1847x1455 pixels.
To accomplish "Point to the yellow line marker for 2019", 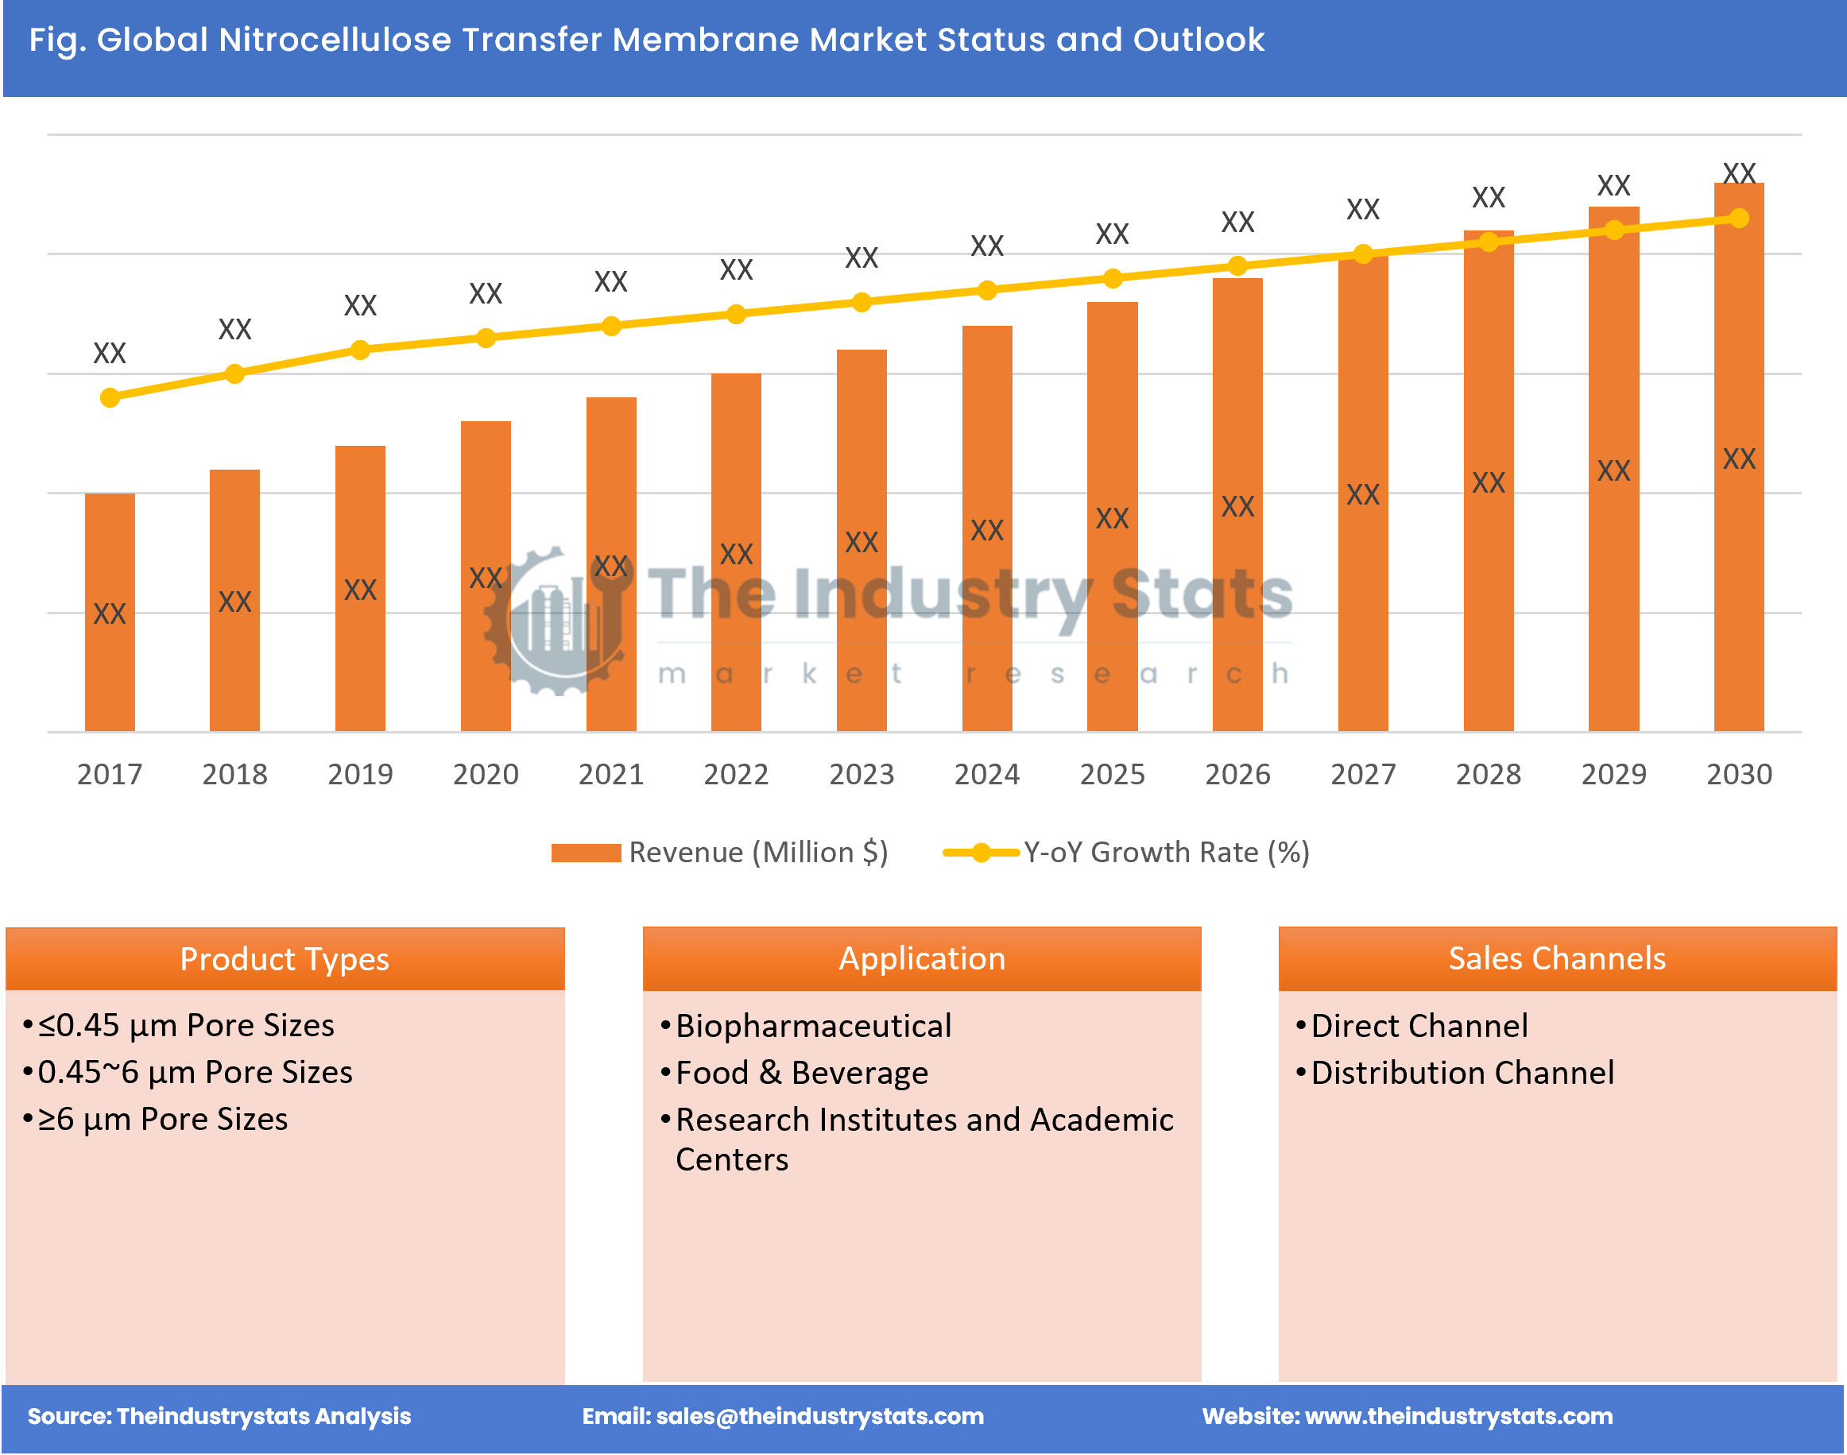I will (360, 350).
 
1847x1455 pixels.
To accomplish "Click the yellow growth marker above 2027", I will (1362, 253).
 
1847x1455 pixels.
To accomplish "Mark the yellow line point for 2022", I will (736, 315).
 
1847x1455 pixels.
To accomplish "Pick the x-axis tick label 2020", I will (486, 773).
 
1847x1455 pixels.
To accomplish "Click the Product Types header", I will (285, 959).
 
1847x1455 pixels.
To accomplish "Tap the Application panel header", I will (922, 958).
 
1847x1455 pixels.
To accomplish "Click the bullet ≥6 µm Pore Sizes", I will (162, 1119).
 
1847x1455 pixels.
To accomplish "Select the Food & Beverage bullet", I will (801, 1073).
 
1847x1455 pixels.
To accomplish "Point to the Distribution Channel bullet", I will (1461, 1073).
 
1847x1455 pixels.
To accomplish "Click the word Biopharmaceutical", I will (813, 1026).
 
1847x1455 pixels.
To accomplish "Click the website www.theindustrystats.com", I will (1458, 1416).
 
